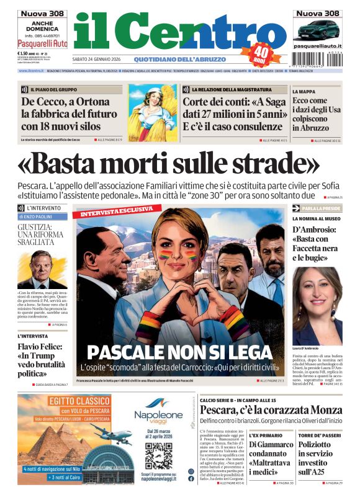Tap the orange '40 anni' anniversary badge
[262, 55]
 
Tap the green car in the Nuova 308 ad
[316, 29]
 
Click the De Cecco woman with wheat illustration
[151, 112]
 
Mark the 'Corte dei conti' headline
[233, 113]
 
